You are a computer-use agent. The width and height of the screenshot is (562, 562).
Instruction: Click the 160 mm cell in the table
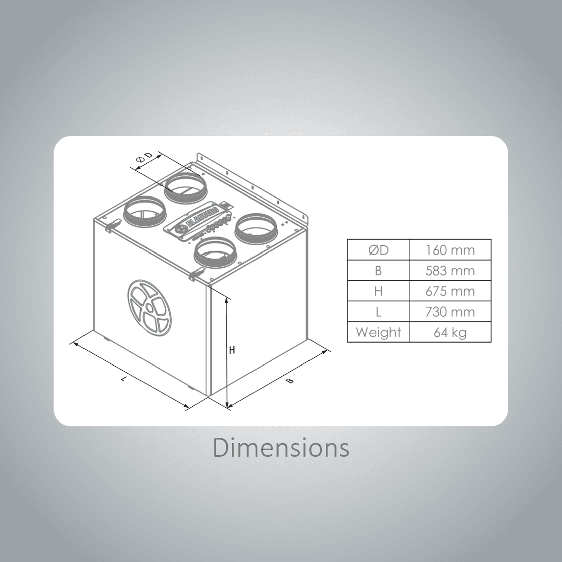tap(450, 250)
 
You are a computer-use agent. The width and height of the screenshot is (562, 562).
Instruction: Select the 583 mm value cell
tap(450, 271)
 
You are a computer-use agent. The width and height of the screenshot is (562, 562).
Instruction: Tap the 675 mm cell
tap(450, 291)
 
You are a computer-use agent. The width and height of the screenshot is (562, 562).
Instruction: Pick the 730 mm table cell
tap(450, 312)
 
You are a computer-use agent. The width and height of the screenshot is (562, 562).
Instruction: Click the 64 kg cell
tap(450, 332)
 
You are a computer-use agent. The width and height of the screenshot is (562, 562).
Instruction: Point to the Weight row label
tap(378, 332)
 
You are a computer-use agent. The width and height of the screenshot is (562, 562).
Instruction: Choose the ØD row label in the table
tap(378, 250)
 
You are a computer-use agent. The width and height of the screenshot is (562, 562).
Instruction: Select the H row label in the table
tap(378, 291)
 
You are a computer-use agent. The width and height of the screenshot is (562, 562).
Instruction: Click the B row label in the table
tap(378, 271)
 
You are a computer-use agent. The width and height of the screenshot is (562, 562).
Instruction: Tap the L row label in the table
tap(378, 312)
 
